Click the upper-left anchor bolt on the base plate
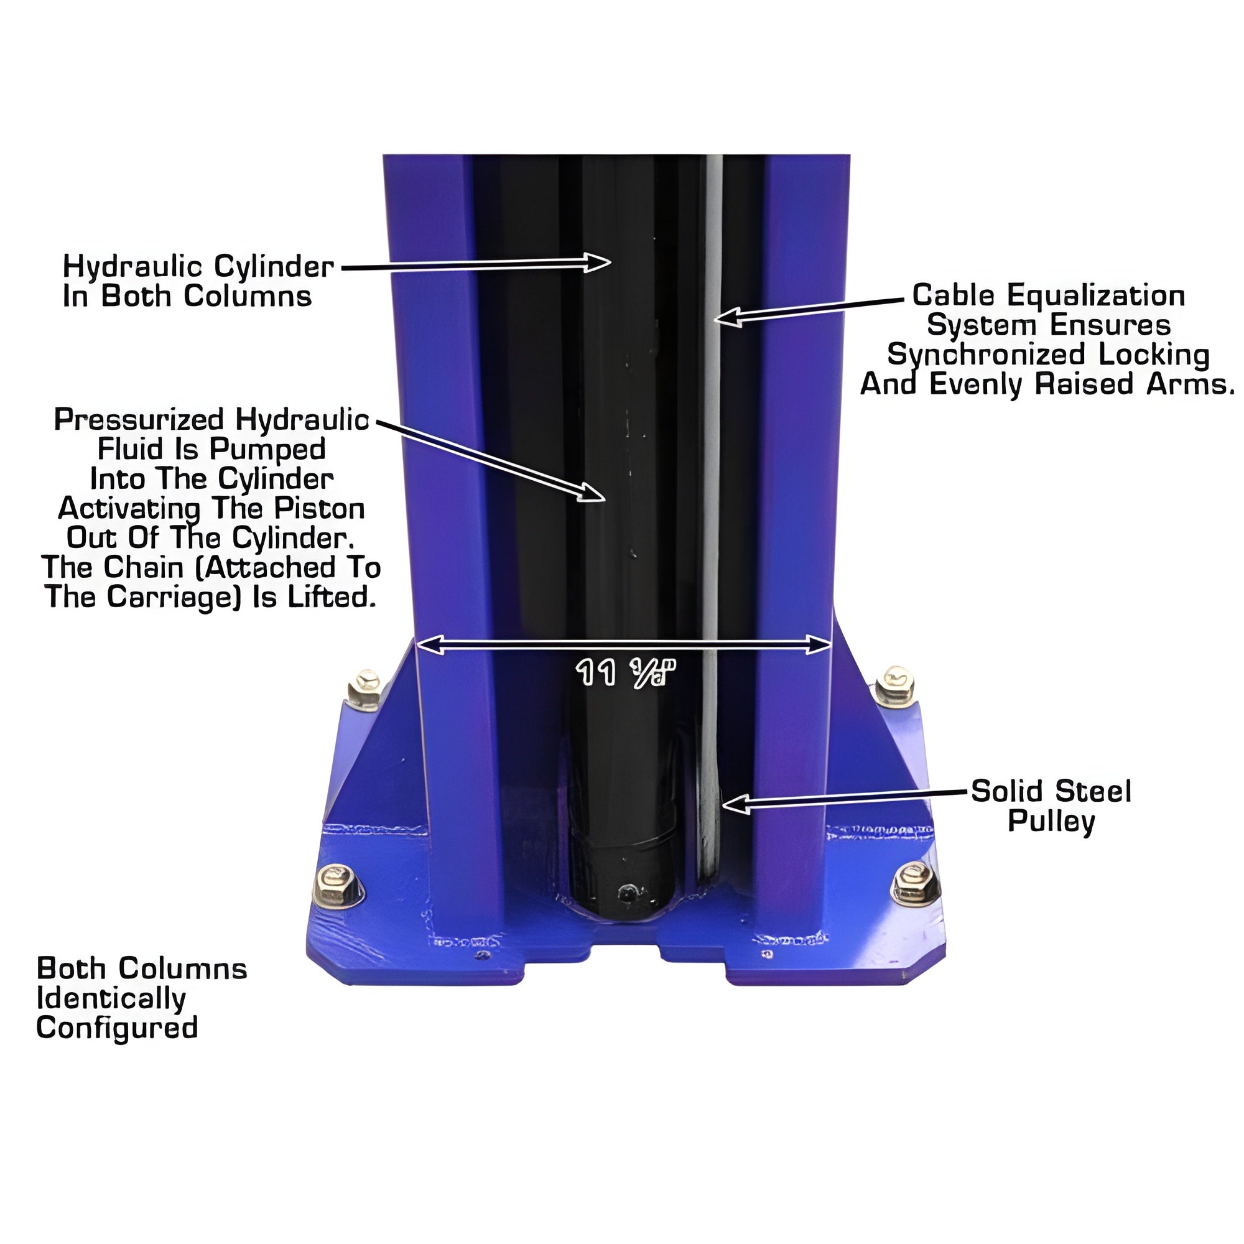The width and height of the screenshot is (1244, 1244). click(364, 690)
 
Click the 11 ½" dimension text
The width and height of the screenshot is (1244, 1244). click(624, 673)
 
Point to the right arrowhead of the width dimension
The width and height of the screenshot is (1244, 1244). click(818, 644)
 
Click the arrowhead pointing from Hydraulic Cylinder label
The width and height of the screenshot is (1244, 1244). click(598, 262)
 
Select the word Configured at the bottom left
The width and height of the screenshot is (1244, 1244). click(117, 1028)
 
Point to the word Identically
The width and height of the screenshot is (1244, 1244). click(111, 998)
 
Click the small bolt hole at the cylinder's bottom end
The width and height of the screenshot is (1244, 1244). click(628, 893)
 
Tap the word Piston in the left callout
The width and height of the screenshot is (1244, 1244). click(319, 509)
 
